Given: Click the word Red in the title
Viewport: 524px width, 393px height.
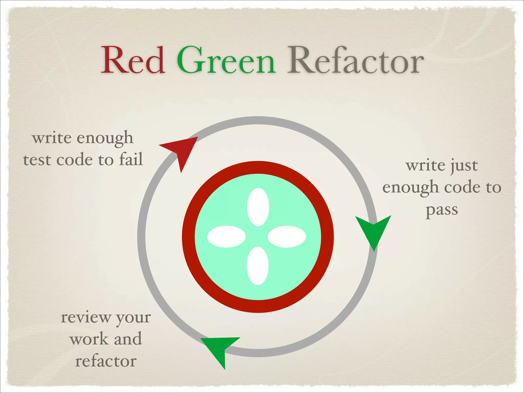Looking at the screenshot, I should (x=133, y=61).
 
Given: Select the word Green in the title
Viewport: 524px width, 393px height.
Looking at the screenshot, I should (x=226, y=61).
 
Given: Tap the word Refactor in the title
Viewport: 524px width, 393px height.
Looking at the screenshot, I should (x=355, y=61).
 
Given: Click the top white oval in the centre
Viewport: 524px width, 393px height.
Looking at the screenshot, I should (x=258, y=207).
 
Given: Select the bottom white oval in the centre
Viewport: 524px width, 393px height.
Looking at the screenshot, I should (x=257, y=266).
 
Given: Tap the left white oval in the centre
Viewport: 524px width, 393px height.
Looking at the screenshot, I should (x=226, y=237).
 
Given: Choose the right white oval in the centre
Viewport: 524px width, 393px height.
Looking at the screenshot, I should (x=287, y=237).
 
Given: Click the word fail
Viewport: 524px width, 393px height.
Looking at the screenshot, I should (x=131, y=159).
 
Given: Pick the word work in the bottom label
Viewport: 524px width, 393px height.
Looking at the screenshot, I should (x=89, y=339).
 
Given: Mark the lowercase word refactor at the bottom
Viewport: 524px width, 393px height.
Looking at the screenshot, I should (x=106, y=361).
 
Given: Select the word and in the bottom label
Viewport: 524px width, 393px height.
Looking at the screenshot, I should (x=128, y=339).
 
